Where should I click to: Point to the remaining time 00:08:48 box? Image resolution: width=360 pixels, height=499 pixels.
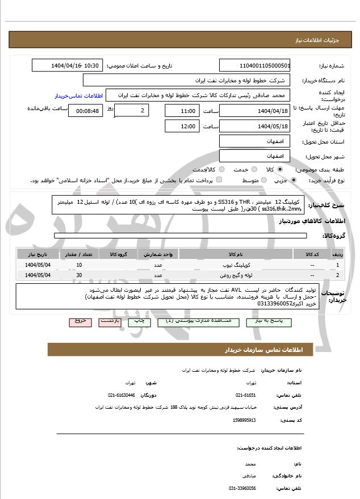click(x=85, y=111)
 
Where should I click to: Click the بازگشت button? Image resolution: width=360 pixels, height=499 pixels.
click(x=110, y=321)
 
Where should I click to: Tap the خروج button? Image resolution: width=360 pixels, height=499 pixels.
click(x=79, y=321)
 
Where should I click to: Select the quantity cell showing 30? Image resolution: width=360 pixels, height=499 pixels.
click(x=79, y=275)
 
